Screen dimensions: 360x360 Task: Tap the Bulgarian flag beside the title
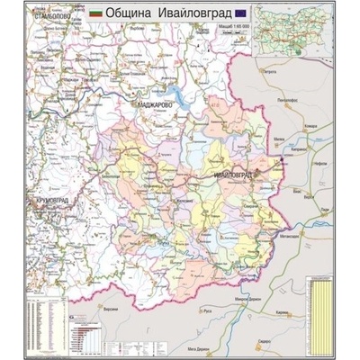pyautogui.click(x=96, y=14)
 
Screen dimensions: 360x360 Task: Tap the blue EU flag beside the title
pyautogui.click(x=240, y=13)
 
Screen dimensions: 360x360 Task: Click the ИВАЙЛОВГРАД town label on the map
pyautogui.click(x=231, y=170)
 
